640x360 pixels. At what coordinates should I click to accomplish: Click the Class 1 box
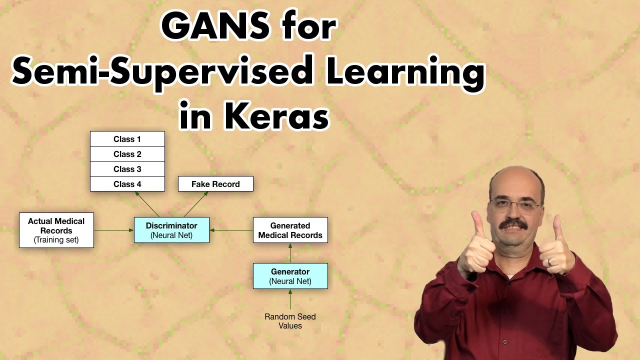127,139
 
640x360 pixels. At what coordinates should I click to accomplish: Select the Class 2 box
127,154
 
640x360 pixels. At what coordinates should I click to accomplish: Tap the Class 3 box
127,169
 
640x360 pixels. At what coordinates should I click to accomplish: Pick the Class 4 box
127,184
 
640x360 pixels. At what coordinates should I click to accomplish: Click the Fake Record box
215,184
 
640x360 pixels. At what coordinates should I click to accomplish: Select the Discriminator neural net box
171,230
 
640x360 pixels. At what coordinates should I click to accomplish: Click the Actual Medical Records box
56,230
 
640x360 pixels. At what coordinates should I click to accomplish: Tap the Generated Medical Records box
290,230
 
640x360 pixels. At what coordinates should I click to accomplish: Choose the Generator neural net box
290,276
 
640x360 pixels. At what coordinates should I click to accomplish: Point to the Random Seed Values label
290,321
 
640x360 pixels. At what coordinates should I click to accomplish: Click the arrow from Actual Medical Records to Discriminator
114,230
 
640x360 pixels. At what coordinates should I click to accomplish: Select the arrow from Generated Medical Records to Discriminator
231,230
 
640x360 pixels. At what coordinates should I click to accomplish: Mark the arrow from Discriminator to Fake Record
196,204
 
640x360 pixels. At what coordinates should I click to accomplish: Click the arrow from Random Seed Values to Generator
290,300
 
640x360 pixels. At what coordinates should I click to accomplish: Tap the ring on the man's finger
550,261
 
